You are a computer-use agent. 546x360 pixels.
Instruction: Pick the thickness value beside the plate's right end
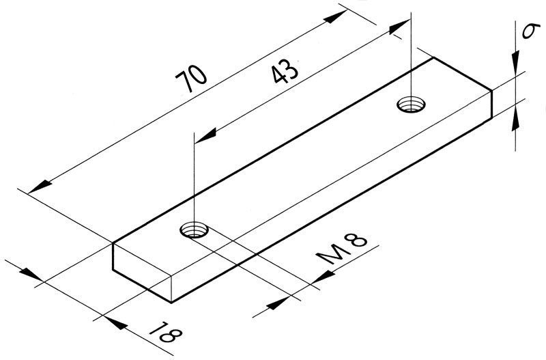[x=527, y=32]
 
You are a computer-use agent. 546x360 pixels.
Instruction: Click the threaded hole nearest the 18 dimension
[x=195, y=229]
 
